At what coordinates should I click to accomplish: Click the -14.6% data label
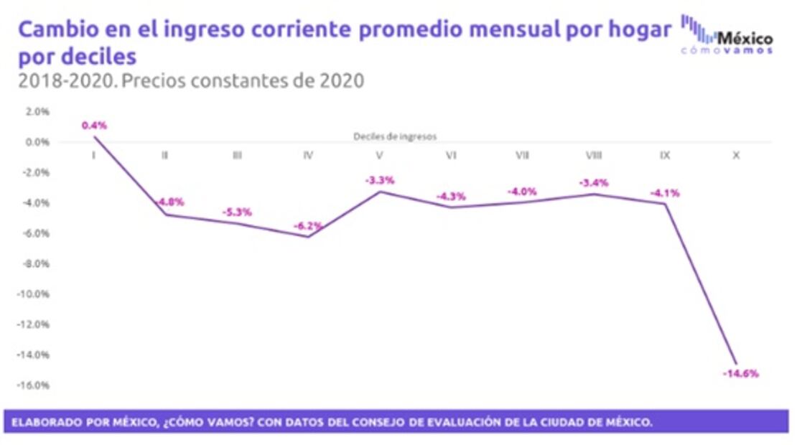point(740,373)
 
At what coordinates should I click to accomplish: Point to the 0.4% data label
point(94,125)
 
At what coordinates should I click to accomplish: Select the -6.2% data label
point(308,226)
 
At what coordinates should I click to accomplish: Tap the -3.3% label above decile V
point(380,180)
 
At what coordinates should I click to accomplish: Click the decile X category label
point(736,155)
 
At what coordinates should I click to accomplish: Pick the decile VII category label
point(522,155)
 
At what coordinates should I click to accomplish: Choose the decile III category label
point(236,155)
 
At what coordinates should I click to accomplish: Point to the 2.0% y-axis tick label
point(37,111)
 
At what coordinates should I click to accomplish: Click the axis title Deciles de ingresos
point(395,135)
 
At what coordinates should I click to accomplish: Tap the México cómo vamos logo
point(727,35)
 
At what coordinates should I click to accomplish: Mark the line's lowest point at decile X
point(736,363)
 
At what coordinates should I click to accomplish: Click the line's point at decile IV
point(308,237)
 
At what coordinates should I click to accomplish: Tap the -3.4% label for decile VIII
point(593,183)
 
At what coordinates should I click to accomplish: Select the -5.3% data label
point(237,212)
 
